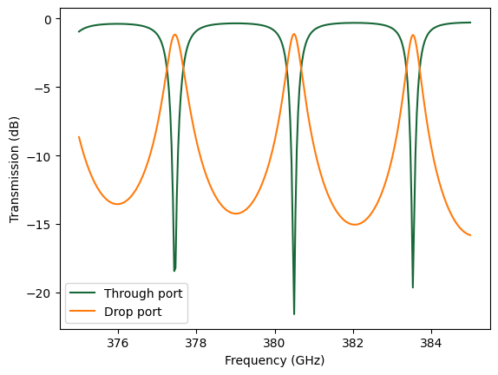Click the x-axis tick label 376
(x=118, y=342)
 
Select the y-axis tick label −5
(x=44, y=88)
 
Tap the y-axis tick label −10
(x=41, y=156)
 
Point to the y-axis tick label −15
(x=41, y=225)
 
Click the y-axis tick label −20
(x=41, y=293)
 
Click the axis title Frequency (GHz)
(x=274, y=359)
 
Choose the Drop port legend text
(x=133, y=310)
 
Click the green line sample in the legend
(x=84, y=293)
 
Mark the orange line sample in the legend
(x=84, y=310)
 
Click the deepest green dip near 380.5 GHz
(x=294, y=313)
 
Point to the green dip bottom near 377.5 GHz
(x=174, y=271)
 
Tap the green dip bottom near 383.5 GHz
(x=413, y=287)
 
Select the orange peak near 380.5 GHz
(x=294, y=35)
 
